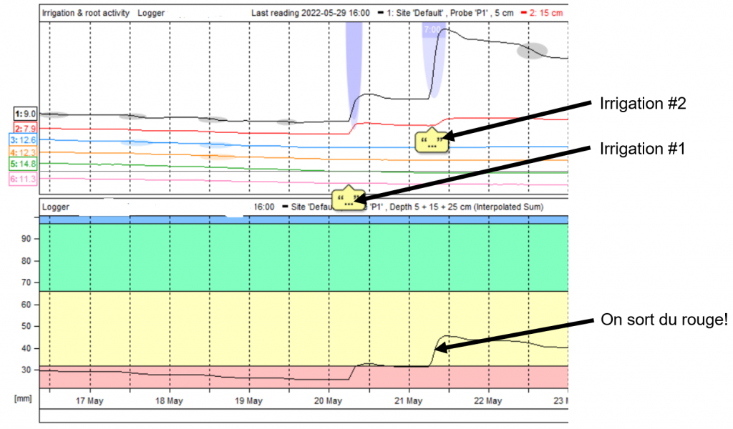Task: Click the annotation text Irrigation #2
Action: pyautogui.click(x=642, y=104)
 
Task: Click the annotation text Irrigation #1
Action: pyautogui.click(x=642, y=149)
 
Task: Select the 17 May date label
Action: pyautogui.click(x=89, y=400)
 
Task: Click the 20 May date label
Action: pyautogui.click(x=329, y=400)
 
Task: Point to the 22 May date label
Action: pyautogui.click(x=487, y=400)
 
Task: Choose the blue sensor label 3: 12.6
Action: pyautogui.click(x=23, y=140)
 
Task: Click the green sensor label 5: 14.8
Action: pyautogui.click(x=23, y=164)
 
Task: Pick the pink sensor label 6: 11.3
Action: pyautogui.click(x=23, y=179)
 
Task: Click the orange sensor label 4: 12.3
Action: pyautogui.click(x=23, y=152)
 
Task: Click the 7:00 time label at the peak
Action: pyautogui.click(x=432, y=30)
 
